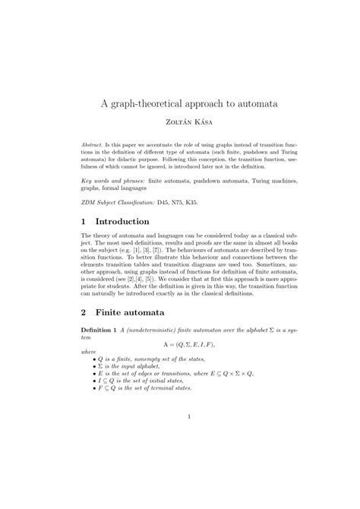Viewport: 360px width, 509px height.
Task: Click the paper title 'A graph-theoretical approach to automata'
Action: (180, 101)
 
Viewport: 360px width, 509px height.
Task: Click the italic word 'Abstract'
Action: (93, 143)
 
